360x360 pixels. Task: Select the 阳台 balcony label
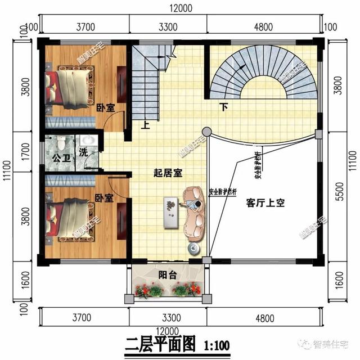pos(166,275)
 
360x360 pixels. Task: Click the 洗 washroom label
pos(83,152)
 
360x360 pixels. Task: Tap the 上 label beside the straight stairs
pos(146,126)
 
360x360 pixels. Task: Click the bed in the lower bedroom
pos(68,215)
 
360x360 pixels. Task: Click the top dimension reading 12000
pos(180,7)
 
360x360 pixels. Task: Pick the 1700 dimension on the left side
pos(24,152)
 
